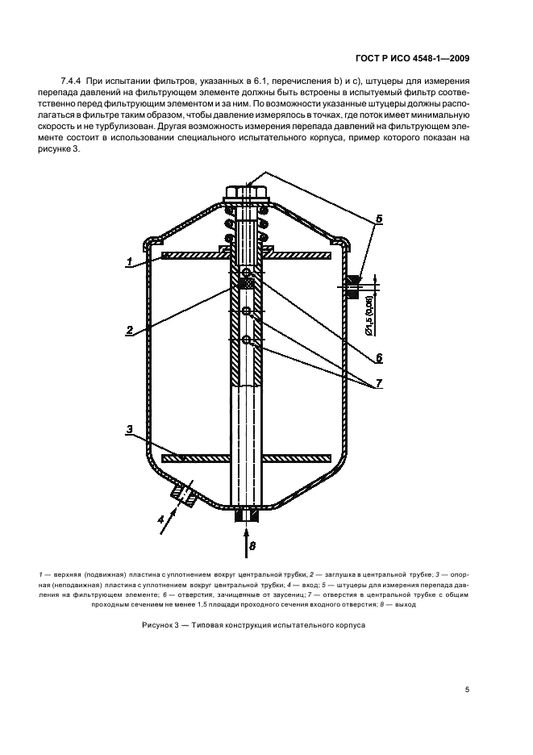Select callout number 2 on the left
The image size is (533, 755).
(x=128, y=329)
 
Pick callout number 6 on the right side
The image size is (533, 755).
(x=378, y=357)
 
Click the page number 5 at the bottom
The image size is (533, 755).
(x=467, y=690)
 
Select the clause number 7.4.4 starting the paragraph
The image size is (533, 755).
(x=73, y=82)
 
